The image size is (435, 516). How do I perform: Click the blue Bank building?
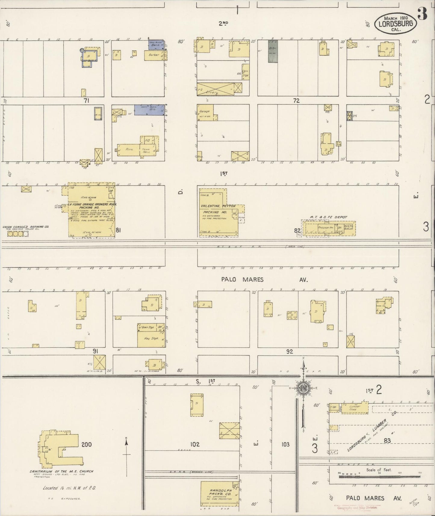[156, 44]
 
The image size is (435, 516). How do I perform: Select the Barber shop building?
[154, 55]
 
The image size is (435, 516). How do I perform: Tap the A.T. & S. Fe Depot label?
[329, 217]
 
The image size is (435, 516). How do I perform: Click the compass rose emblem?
[303, 388]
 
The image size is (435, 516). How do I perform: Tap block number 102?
[195, 444]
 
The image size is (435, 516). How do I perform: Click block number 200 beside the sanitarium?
[86, 444]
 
